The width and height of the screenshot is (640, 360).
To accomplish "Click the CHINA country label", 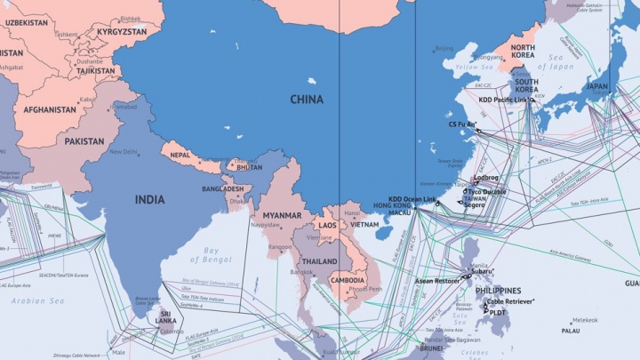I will [x=307, y=100].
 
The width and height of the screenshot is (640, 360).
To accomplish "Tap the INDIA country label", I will [x=149, y=200].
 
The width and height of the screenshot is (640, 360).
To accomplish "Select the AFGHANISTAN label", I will [x=50, y=110].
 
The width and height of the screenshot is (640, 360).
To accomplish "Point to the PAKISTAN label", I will [x=84, y=141].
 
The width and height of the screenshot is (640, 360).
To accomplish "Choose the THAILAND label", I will [x=319, y=262].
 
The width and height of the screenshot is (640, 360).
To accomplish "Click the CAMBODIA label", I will [x=348, y=280].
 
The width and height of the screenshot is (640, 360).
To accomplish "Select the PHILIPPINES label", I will [x=497, y=291].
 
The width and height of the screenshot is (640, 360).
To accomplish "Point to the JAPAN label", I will [x=596, y=87].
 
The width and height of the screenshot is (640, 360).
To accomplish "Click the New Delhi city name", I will [x=124, y=152].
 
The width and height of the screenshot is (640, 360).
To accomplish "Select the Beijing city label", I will [x=443, y=48].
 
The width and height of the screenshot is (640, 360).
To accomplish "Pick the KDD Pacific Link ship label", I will [x=503, y=100].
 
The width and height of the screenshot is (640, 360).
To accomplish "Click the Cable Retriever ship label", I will [x=509, y=302].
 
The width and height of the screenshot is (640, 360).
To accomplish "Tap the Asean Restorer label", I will [x=437, y=281].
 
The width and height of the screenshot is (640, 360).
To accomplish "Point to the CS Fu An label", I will [x=461, y=124].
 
